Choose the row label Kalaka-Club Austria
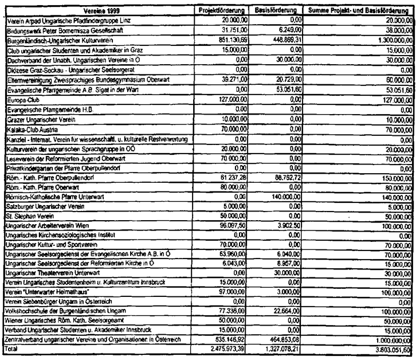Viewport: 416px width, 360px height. point(29,131)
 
